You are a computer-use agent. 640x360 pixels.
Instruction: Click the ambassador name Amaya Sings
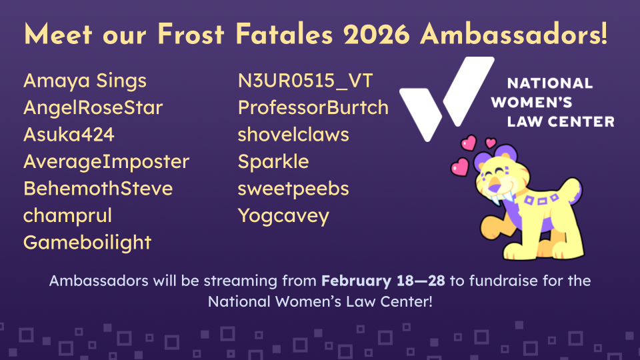pyautogui.click(x=85, y=81)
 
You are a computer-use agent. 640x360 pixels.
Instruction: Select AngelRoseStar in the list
pyautogui.click(x=93, y=108)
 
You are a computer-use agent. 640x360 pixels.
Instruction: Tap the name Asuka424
pyautogui.click(x=69, y=135)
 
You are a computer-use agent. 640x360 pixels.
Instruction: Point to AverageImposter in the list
pyautogui.click(x=107, y=162)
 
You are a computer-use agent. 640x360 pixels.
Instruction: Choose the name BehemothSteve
pyautogui.click(x=98, y=189)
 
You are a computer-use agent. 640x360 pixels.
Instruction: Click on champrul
pyautogui.click(x=67, y=216)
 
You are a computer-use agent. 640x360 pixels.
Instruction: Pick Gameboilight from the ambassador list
pyautogui.click(x=87, y=243)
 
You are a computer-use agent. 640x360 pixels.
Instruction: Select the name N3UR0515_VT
pyautogui.click(x=305, y=81)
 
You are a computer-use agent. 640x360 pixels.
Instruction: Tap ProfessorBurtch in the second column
pyautogui.click(x=313, y=108)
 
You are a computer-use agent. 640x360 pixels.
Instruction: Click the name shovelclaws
pyautogui.click(x=293, y=135)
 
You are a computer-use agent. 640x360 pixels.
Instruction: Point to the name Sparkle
pyautogui.click(x=273, y=162)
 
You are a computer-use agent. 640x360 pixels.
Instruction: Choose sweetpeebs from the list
pyautogui.click(x=293, y=189)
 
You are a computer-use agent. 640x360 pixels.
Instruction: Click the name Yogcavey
pyautogui.click(x=284, y=216)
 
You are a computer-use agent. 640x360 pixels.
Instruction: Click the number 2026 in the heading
pyautogui.click(x=376, y=34)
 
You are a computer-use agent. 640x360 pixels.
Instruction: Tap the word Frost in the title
pyautogui.click(x=191, y=34)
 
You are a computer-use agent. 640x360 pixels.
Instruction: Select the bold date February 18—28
pyautogui.click(x=383, y=281)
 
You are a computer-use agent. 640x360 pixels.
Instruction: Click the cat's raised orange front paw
pyautogui.click(x=491, y=228)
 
